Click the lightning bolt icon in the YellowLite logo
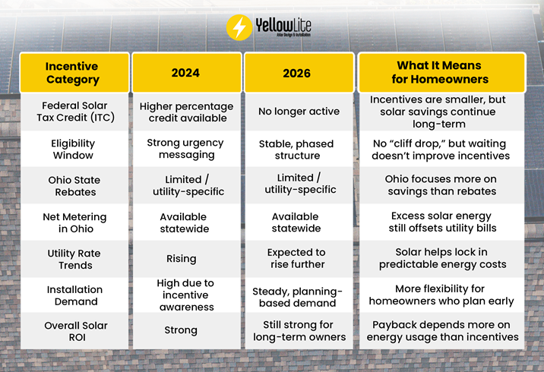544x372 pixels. coord(239,27)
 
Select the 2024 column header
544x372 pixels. coord(185,73)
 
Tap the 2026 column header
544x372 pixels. coord(297,73)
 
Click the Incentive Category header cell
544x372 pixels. coord(73,73)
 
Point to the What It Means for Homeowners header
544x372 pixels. coord(439,73)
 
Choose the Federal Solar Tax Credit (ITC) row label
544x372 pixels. coord(73,112)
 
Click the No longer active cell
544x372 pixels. coord(297,112)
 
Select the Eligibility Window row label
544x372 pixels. coord(73,149)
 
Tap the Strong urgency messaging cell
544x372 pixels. coord(185,149)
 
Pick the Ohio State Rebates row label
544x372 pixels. coord(73,186)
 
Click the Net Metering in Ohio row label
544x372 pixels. coord(73,222)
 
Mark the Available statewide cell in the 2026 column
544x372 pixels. coord(297,222)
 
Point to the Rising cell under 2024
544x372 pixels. coord(185,259)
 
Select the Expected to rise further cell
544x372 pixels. coord(297,259)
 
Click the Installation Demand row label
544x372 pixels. coord(73,295)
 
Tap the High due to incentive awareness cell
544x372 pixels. coord(185,295)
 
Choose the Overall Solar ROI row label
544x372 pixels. coord(73,331)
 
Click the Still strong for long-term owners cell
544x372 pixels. coord(297,331)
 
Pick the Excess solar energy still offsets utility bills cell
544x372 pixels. coord(439,222)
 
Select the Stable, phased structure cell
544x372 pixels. coord(297,149)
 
